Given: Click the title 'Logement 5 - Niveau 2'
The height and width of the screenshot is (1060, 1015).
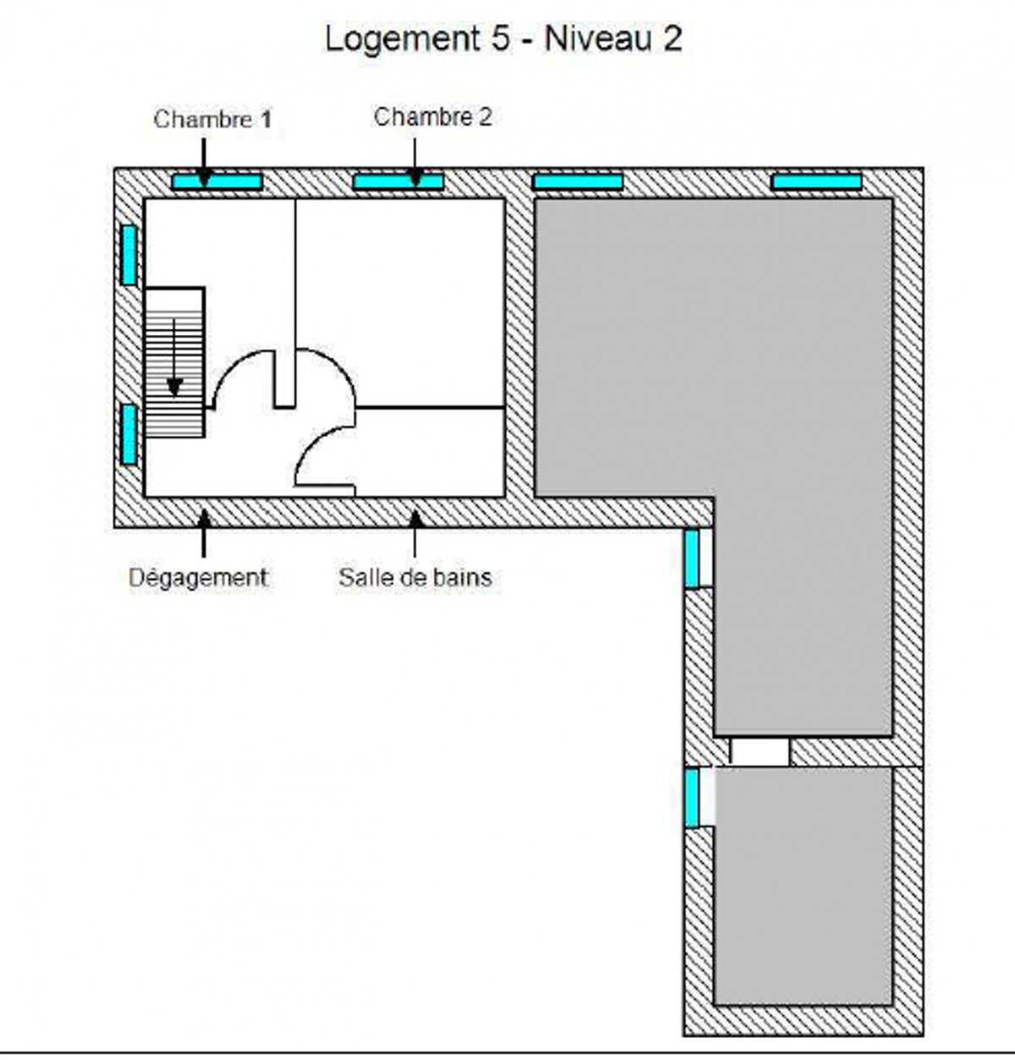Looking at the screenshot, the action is coord(503,40).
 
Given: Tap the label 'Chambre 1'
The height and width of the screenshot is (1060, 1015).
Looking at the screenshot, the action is coord(212,120).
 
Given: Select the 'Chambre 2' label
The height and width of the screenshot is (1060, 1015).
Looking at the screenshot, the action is coord(433,117).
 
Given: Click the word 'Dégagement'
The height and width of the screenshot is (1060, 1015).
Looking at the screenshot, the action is coord(198,578).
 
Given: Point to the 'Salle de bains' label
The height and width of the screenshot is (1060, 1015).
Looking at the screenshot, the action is coord(415,578).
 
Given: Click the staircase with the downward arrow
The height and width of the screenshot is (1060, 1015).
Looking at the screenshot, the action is coord(175,362).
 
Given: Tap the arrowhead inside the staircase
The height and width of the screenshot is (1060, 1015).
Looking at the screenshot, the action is coord(174,387).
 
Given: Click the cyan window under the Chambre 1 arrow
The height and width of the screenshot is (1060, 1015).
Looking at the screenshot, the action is coord(217,181).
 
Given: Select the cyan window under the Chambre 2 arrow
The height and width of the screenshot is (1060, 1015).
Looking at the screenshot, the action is coord(398,181).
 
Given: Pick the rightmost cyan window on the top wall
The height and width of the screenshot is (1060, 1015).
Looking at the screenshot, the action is coord(817,181).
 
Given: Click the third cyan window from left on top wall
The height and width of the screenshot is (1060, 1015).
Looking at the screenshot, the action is coord(578,181).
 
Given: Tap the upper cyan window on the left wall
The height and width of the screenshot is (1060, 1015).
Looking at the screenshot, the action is coord(129,255).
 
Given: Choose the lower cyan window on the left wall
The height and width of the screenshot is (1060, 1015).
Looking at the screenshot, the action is coord(129,434).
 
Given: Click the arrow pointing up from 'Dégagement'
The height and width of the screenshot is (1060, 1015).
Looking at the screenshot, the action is coord(204,533).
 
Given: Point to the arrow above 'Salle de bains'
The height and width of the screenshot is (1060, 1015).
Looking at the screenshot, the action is coord(415,533).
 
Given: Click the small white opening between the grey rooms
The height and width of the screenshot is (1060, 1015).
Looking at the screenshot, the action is coord(760,752).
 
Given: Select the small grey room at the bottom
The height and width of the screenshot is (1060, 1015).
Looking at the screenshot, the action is coord(804,886).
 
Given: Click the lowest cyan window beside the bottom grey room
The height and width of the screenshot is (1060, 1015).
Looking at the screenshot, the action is coord(692,798).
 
